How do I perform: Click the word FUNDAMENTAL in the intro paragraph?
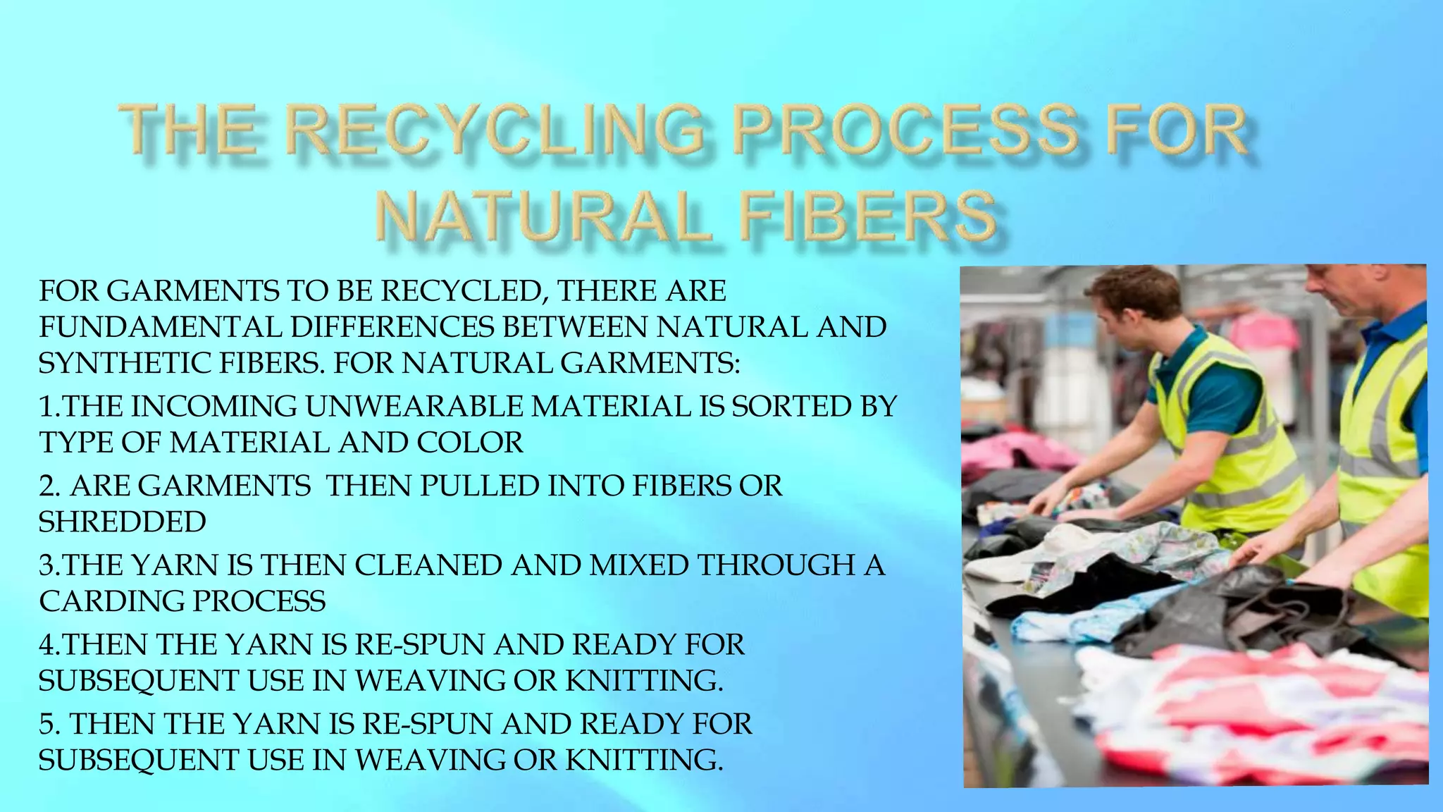[x=159, y=327]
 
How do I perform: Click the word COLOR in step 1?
[x=470, y=443]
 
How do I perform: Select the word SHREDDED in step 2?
[x=122, y=522]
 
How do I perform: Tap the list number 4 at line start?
[x=47, y=645]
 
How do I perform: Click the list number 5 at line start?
[x=47, y=725]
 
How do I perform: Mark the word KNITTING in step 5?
[x=644, y=761]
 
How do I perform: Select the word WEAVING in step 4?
[x=430, y=681]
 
